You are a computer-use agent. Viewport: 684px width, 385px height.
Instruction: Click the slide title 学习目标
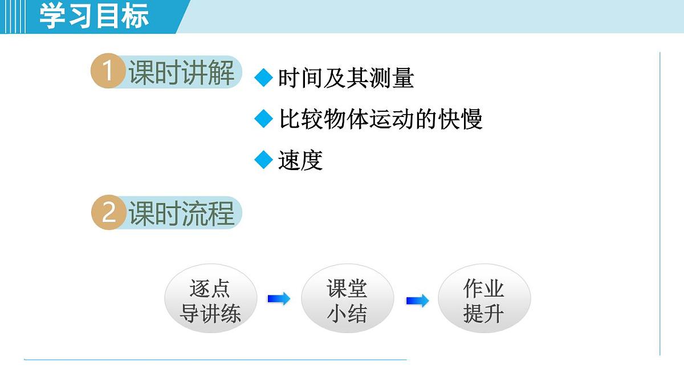pyautogui.click(x=94, y=16)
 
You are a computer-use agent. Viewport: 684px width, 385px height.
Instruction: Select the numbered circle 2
pyautogui.click(x=108, y=213)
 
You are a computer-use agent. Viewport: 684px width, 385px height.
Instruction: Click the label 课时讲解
pyautogui.click(x=181, y=73)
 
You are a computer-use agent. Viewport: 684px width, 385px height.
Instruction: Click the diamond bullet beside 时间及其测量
pyautogui.click(x=264, y=78)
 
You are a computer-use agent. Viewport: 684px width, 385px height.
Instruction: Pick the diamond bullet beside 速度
pyautogui.click(x=264, y=160)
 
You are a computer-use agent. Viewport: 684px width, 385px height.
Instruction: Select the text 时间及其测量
pyautogui.click(x=345, y=78)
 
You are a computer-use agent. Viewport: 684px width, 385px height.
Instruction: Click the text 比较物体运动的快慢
pyautogui.click(x=381, y=119)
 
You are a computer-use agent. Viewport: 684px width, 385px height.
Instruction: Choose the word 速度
pyautogui.click(x=300, y=160)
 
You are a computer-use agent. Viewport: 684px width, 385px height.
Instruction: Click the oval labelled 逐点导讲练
pyautogui.click(x=210, y=301)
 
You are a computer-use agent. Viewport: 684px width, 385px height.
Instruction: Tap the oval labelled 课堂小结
pyautogui.click(x=347, y=301)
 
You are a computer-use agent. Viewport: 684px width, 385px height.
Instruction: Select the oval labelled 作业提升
pyautogui.click(x=484, y=301)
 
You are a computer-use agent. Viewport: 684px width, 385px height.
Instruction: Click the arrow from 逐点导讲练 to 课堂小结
pyautogui.click(x=279, y=298)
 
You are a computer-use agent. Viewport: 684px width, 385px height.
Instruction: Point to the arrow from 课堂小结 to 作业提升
pyautogui.click(x=417, y=301)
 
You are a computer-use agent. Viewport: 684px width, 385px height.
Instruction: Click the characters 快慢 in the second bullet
pyautogui.click(x=461, y=119)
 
